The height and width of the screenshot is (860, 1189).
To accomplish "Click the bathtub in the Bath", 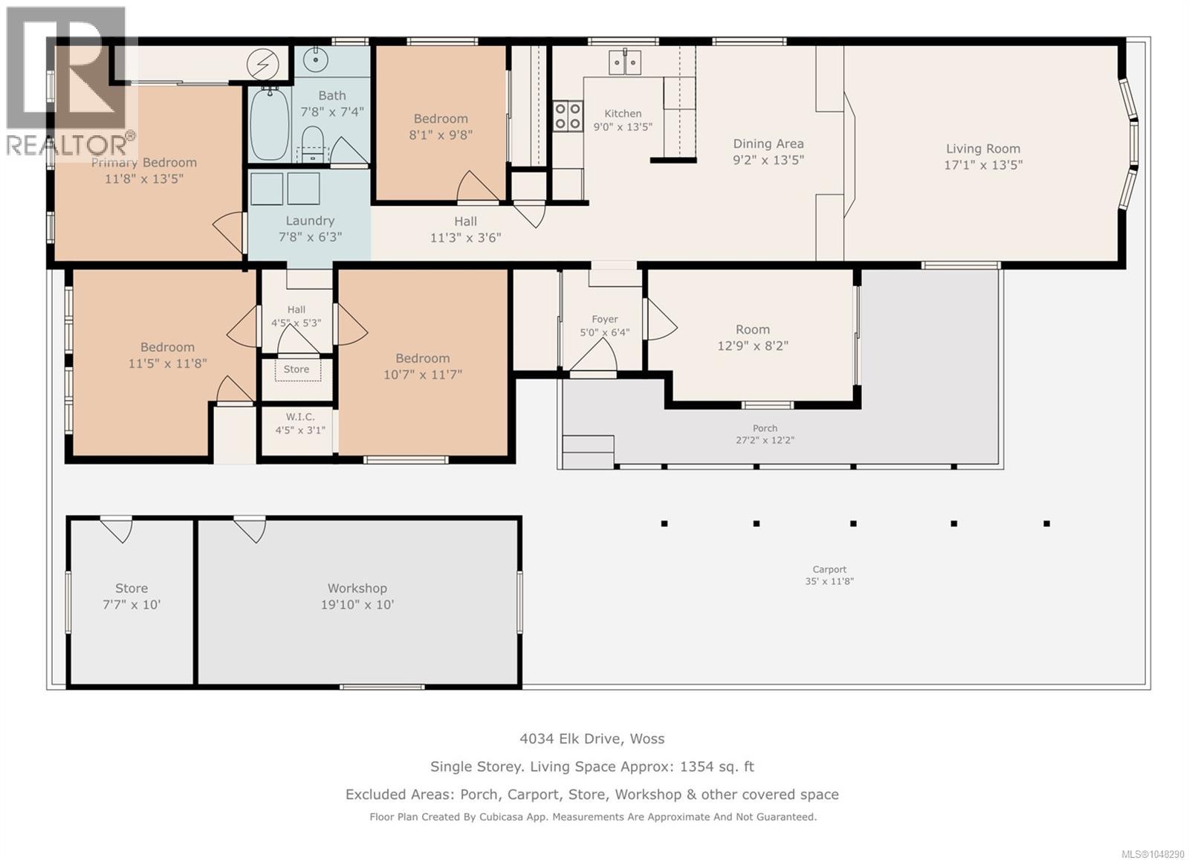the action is tap(270, 123).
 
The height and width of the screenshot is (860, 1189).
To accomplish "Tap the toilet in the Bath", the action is tap(312, 143).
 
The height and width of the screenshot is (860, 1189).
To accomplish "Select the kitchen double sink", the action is tap(625, 62).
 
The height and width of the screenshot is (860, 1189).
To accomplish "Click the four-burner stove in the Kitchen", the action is tap(568, 116).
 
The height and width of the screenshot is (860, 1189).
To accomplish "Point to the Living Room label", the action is tap(983, 149).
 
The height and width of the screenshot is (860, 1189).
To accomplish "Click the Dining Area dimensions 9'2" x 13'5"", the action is tap(768, 160).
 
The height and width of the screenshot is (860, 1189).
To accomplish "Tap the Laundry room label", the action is tap(310, 221).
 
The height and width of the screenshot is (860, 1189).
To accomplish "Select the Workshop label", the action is tap(357, 588).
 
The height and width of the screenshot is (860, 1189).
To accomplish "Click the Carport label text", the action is tap(829, 569).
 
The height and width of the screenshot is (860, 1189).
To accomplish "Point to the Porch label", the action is tap(765, 428).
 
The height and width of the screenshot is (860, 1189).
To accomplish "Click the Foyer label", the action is tap(605, 319).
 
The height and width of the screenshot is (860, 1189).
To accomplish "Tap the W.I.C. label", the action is tap(300, 417).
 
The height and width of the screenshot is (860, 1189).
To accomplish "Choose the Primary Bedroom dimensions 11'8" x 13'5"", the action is tap(144, 179).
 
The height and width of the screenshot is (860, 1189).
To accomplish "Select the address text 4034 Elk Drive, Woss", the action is tap(592, 738).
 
